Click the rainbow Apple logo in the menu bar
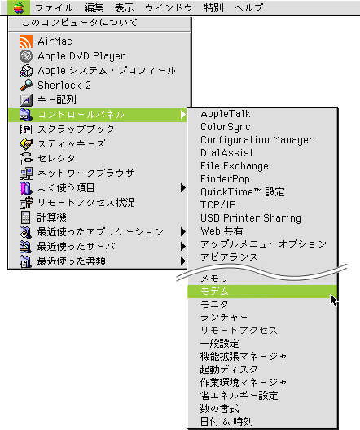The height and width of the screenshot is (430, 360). [x=19, y=7]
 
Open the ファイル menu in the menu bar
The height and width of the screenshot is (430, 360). [x=54, y=7]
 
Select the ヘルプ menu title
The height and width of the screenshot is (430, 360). [x=248, y=7]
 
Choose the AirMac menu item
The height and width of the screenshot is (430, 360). [x=55, y=42]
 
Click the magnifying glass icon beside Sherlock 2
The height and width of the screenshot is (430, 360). [x=26, y=85]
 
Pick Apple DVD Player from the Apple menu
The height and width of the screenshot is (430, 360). [x=81, y=56]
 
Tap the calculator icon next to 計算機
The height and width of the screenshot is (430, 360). [x=25, y=217]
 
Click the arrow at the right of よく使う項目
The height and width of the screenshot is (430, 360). [x=183, y=188]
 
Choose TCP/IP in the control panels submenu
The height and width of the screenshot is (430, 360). [x=218, y=205]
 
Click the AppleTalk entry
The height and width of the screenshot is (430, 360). [x=226, y=114]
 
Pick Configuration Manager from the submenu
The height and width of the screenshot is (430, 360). [x=257, y=140]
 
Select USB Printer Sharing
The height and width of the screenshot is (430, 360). [x=251, y=218]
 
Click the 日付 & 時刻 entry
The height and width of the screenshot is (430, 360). [x=226, y=421]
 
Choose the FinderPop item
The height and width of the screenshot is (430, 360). [x=225, y=179]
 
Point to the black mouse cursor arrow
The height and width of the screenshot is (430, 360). [x=334, y=301]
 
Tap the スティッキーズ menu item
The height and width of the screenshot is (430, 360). [x=72, y=143]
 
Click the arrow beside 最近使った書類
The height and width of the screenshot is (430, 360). [x=183, y=261]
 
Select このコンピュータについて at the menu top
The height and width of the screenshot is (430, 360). [x=80, y=23]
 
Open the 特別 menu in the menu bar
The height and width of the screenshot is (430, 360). [x=214, y=7]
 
